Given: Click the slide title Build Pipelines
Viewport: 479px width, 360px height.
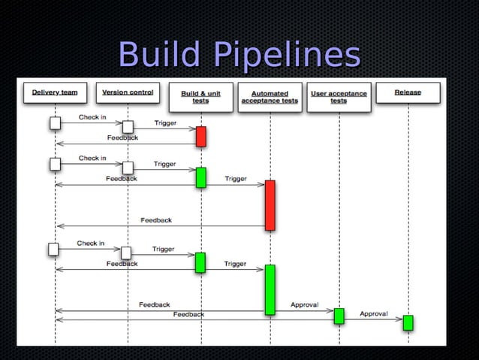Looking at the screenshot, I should [239, 55].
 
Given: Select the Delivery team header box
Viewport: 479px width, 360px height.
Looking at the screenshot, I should [55, 93].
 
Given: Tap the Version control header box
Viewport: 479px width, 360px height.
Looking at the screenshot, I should [128, 93].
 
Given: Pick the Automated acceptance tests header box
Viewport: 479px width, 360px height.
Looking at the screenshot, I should [270, 97].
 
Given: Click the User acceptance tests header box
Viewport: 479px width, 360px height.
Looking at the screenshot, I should [339, 97].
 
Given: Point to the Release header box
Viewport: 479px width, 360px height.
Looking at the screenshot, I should [408, 93].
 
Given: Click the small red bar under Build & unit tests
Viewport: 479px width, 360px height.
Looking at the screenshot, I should [200, 136].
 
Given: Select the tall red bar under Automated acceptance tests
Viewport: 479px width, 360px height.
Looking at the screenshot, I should [270, 204].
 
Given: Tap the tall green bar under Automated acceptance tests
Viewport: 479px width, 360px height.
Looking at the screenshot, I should [270, 289].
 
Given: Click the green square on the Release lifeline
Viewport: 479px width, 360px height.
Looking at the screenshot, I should [408, 322].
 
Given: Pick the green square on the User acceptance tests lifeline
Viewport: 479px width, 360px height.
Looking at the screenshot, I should [339, 316].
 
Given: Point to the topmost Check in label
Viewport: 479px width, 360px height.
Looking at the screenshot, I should [92, 117].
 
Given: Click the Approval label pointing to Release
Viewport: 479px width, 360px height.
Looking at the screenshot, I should [374, 313].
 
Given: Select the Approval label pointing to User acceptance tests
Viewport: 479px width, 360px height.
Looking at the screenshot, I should [305, 304].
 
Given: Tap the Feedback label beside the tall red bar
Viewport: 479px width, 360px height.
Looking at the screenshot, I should [156, 220].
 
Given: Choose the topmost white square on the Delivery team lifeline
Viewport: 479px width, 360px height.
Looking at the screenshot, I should [55, 123].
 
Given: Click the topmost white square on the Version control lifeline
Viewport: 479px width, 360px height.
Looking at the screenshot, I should [128, 127].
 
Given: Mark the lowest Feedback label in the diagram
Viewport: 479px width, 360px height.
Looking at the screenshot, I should [188, 314].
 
